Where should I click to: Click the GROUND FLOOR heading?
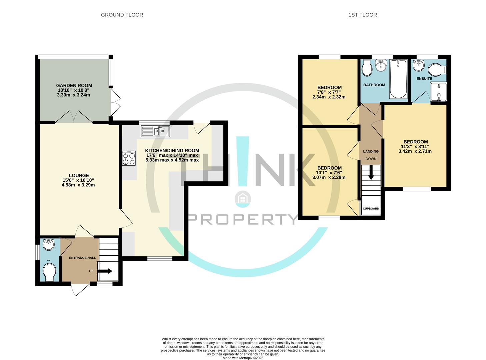point(122,15)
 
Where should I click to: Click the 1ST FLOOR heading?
point(362,15)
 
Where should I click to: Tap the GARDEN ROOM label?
point(74,85)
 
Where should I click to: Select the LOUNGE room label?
point(79,175)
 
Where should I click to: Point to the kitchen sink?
point(155,131)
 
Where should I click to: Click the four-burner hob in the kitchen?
point(129,158)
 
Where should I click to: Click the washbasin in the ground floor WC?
point(49,245)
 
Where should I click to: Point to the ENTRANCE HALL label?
point(82,258)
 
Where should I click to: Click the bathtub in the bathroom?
point(398,79)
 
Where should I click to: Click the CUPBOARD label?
point(371,209)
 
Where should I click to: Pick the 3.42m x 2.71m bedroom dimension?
point(415,151)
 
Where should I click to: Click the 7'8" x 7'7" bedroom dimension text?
point(329,92)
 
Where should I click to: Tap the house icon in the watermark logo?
point(243,199)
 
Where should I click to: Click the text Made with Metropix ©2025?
point(243,358)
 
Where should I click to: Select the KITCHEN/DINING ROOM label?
point(172,150)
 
